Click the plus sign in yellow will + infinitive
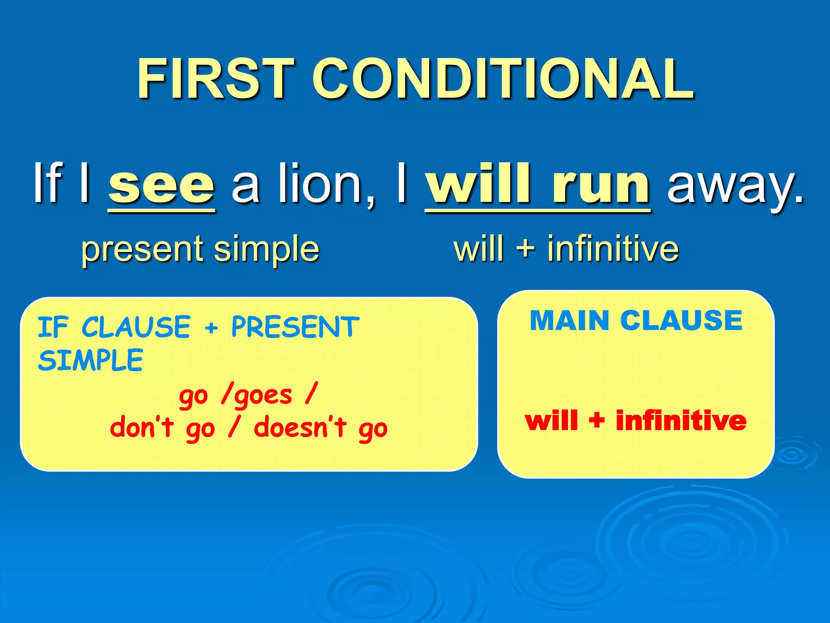526,248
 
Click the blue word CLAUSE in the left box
136,327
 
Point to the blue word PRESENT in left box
295,327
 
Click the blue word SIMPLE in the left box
90,360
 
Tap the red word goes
263,395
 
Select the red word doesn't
300,428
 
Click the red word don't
142,428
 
